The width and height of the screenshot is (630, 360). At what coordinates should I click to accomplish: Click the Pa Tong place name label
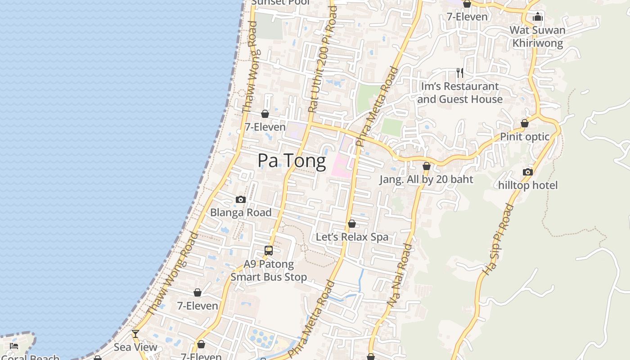click(292, 161)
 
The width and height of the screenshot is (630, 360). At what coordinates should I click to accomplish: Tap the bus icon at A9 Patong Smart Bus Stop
click(269, 251)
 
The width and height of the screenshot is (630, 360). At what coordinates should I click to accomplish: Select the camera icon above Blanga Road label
click(241, 199)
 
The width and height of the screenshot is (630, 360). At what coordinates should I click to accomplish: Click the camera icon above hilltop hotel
click(527, 172)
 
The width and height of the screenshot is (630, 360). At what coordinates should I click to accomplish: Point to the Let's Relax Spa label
click(352, 237)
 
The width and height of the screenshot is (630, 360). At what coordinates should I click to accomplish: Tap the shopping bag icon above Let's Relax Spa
click(352, 224)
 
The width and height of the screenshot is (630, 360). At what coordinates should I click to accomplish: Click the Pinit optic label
click(525, 136)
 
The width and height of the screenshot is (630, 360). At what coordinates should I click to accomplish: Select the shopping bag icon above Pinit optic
click(525, 123)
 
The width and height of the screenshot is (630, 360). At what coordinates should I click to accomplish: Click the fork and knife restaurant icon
click(459, 73)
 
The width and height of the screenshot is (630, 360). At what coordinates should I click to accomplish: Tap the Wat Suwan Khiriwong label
click(537, 36)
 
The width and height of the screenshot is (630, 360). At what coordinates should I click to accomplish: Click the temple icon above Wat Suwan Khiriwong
click(537, 17)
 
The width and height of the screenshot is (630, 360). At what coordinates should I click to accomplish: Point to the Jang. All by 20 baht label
click(426, 179)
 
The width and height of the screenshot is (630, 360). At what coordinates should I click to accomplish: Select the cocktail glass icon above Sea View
click(135, 334)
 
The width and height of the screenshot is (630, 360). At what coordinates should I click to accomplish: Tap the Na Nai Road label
click(400, 275)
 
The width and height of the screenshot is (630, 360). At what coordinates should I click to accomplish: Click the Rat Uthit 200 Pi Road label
click(322, 58)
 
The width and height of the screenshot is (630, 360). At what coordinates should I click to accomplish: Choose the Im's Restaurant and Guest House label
click(459, 92)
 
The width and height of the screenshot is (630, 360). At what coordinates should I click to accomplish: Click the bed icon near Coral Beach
click(14, 346)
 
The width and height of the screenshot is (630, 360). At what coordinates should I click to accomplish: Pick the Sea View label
click(135, 347)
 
